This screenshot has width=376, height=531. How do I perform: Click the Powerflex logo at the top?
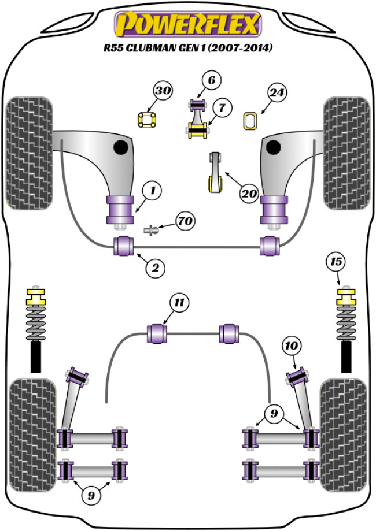(189, 24)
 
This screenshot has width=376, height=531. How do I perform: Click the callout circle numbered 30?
(163, 91)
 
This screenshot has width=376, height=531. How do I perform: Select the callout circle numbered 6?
(211, 80)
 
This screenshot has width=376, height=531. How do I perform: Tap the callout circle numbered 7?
(222, 107)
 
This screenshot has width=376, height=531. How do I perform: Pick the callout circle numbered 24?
(277, 92)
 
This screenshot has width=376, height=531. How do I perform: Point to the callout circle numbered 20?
(249, 194)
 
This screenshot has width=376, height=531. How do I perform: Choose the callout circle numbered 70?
(186, 221)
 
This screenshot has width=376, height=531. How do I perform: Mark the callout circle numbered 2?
(156, 267)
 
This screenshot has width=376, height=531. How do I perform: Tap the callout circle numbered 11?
(179, 302)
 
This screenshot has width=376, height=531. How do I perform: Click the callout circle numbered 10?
(291, 346)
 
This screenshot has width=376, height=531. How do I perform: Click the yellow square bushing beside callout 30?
(146, 120)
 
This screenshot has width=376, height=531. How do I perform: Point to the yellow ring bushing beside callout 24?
(250, 120)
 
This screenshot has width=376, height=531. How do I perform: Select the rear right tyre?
(344, 433)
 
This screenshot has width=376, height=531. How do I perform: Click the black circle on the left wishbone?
(121, 147)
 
